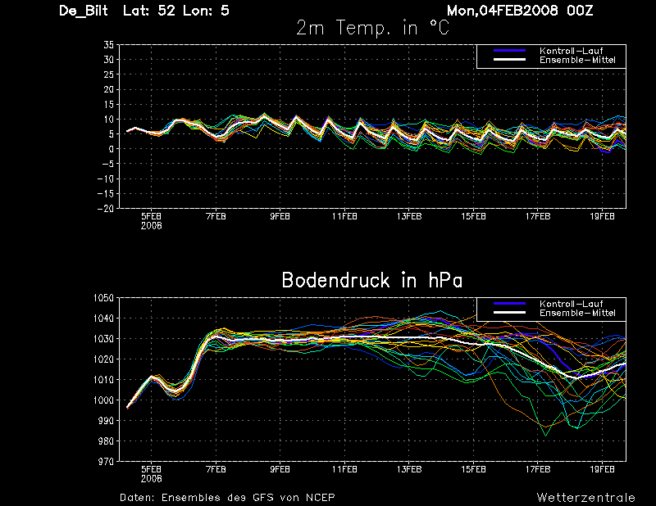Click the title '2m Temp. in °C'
tap(372, 29)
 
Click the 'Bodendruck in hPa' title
tap(372, 280)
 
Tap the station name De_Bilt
tap(84, 11)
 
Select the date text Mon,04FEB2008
tap(502, 11)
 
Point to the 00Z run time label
tap(580, 11)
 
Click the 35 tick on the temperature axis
tap(109, 45)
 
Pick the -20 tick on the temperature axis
tap(106, 208)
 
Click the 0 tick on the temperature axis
tap(112, 149)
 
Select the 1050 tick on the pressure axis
tap(103, 298)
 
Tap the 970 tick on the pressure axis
tap(106, 461)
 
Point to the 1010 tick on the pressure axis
tap(103, 379)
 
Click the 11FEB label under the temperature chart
tap(344, 216)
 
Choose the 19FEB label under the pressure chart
tap(602, 470)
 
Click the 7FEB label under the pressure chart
tap(216, 470)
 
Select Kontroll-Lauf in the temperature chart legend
tap(571, 51)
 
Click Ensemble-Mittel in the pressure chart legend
tap(577, 313)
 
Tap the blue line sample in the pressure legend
tap(509, 303)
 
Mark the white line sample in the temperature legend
tap(509, 60)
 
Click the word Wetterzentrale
tap(585, 497)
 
